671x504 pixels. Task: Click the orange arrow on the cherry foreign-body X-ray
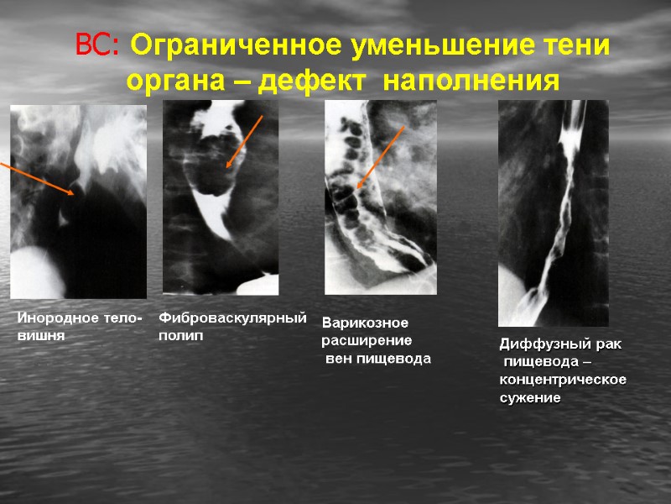pyautogui.click(x=38, y=178)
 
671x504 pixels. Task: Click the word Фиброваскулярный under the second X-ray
pyautogui.click(x=233, y=319)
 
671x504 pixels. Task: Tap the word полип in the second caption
pyautogui.click(x=181, y=335)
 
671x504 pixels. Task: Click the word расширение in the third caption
pyautogui.click(x=367, y=341)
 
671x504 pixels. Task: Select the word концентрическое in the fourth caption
pyautogui.click(x=563, y=380)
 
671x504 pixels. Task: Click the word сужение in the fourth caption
pyautogui.click(x=530, y=397)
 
